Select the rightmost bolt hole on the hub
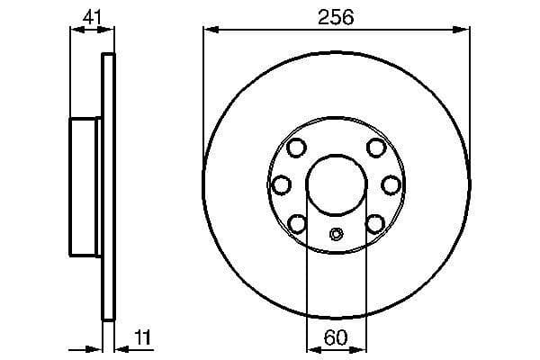click(x=391, y=184)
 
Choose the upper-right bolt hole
click(x=376, y=148)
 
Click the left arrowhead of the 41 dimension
click(x=76, y=30)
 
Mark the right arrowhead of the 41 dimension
click(x=110, y=30)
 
